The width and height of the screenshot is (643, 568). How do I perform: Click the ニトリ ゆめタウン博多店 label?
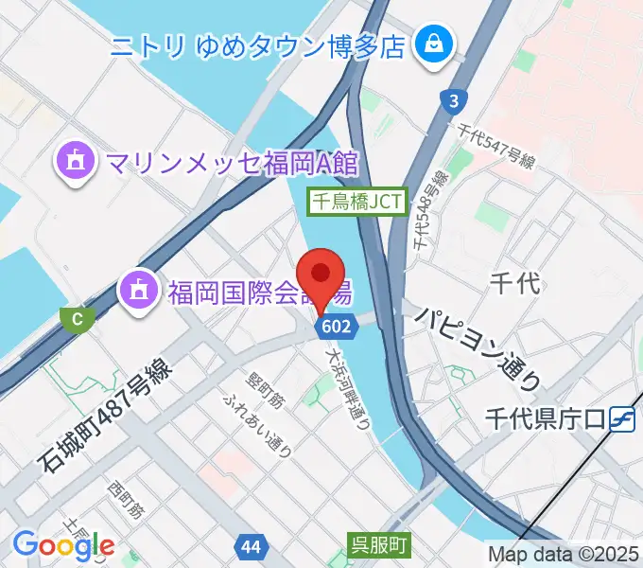coord(257,44)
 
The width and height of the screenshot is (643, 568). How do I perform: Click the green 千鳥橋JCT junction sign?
coord(358,201)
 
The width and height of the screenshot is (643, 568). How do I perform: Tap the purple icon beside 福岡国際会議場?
coord(138,290)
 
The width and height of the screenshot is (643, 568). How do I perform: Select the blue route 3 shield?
coord(455,100)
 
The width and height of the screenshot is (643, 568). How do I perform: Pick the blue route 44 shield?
coord(251,547)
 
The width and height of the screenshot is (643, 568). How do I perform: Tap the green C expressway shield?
coord(76,319)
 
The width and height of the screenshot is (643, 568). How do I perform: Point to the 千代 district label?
coord(515,281)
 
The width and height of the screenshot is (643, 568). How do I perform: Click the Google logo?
coord(64,544)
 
